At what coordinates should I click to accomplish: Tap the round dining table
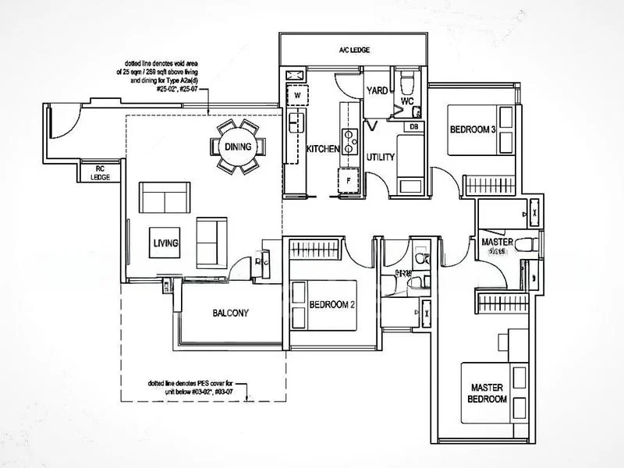coord(237,147)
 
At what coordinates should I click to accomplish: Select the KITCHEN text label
coord(321,148)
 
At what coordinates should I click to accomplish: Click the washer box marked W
coord(296,96)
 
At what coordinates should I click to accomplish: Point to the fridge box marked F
coord(349,179)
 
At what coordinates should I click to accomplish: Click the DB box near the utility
coord(413,126)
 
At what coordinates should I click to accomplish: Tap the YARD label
coord(378,90)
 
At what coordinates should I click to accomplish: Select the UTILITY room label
coord(381,158)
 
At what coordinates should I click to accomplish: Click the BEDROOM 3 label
coord(472,129)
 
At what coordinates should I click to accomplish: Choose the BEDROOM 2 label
coord(332,304)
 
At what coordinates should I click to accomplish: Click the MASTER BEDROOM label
coord(488,393)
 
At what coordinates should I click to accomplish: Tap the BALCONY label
coord(230,314)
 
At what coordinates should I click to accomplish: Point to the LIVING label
coord(165,243)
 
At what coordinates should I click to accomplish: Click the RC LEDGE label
coord(99,172)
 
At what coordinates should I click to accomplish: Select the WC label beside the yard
coord(406,101)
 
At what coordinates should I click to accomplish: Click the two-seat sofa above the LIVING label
coord(164,197)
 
